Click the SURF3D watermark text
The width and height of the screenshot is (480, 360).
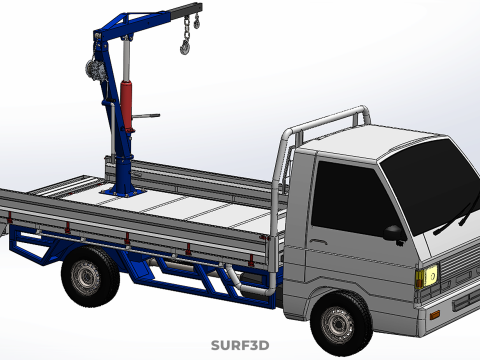pos(240,345)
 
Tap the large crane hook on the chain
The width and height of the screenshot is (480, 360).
pos(185,47)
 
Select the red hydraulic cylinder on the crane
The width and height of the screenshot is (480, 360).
pos(127,106)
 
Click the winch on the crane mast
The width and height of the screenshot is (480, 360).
pos(93,69)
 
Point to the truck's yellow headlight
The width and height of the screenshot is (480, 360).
pos(426,276)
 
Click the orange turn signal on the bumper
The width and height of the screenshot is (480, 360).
pos(435,314)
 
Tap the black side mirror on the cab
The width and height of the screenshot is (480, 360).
pos(394,233)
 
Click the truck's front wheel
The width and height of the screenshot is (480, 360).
pos(341,323)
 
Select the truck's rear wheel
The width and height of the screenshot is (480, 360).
pos(89,276)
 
